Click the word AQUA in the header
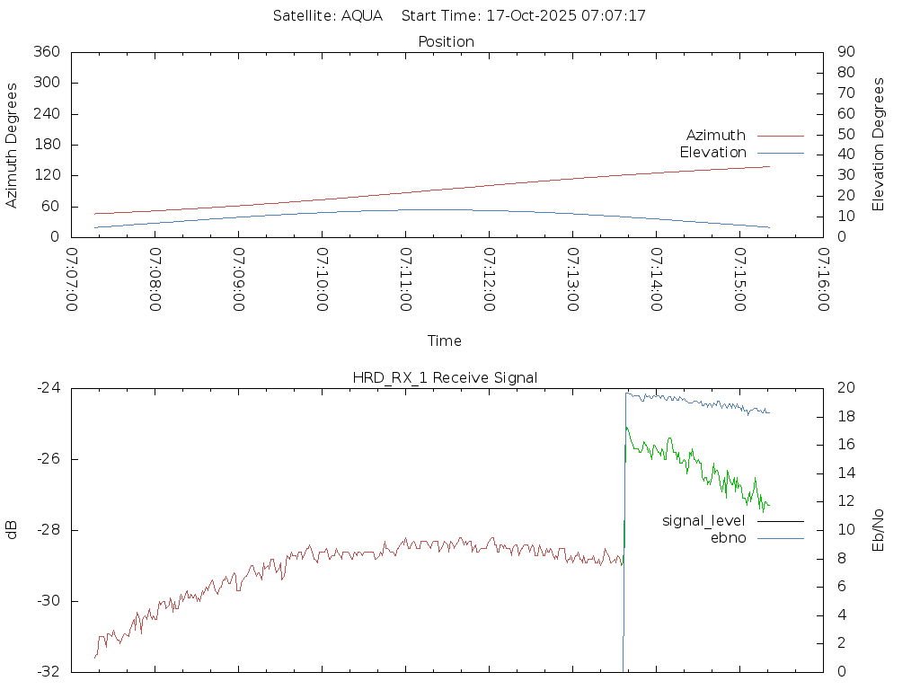pos(362,15)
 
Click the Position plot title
pos(447,41)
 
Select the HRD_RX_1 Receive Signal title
pos(445,377)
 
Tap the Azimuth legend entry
pos(716,136)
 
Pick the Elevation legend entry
pos(712,153)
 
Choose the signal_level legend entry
pos(703,521)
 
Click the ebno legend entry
pos(728,537)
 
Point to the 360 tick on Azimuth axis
pos(46,52)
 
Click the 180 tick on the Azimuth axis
pos(46,145)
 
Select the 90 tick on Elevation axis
pos(845,52)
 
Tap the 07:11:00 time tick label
pos(406,279)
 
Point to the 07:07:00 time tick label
pos(72,279)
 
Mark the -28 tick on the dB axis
pos(48,530)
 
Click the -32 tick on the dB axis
pos(48,672)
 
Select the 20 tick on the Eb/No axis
pos(845,388)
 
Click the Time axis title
pos(445,341)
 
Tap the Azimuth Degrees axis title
pos(12,145)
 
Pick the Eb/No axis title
pos(879,530)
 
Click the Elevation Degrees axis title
pos(879,145)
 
